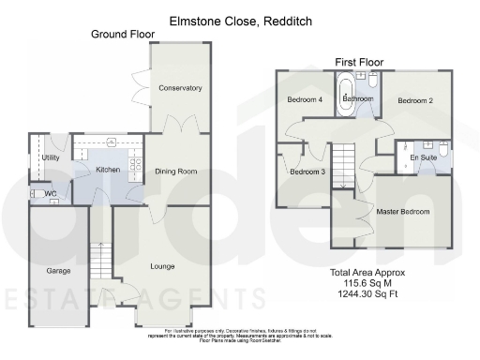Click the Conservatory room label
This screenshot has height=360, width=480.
[180, 88]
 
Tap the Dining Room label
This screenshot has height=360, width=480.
[175, 172]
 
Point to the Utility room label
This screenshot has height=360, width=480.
[51, 158]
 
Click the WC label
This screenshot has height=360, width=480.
[50, 195]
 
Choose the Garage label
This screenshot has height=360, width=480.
[59, 271]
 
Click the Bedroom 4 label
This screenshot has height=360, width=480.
[306, 100]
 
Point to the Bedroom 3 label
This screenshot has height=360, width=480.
[307, 172]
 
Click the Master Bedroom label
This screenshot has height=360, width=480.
[403, 212]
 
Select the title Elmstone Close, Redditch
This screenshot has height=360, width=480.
[240, 19]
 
